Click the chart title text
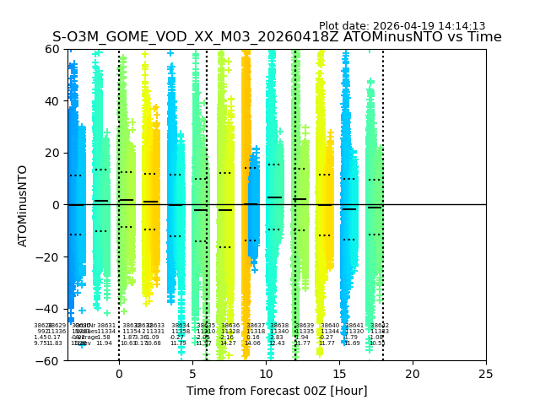tap(277, 37)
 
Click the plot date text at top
tap(402, 26)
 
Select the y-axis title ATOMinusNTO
tap(24, 205)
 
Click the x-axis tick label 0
tap(119, 373)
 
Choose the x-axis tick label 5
tap(192, 373)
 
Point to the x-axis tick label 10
tap(266, 373)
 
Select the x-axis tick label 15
tap(339, 373)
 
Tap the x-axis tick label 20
tap(413, 373)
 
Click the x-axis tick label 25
tap(486, 373)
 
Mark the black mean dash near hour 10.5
tap(274, 197)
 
